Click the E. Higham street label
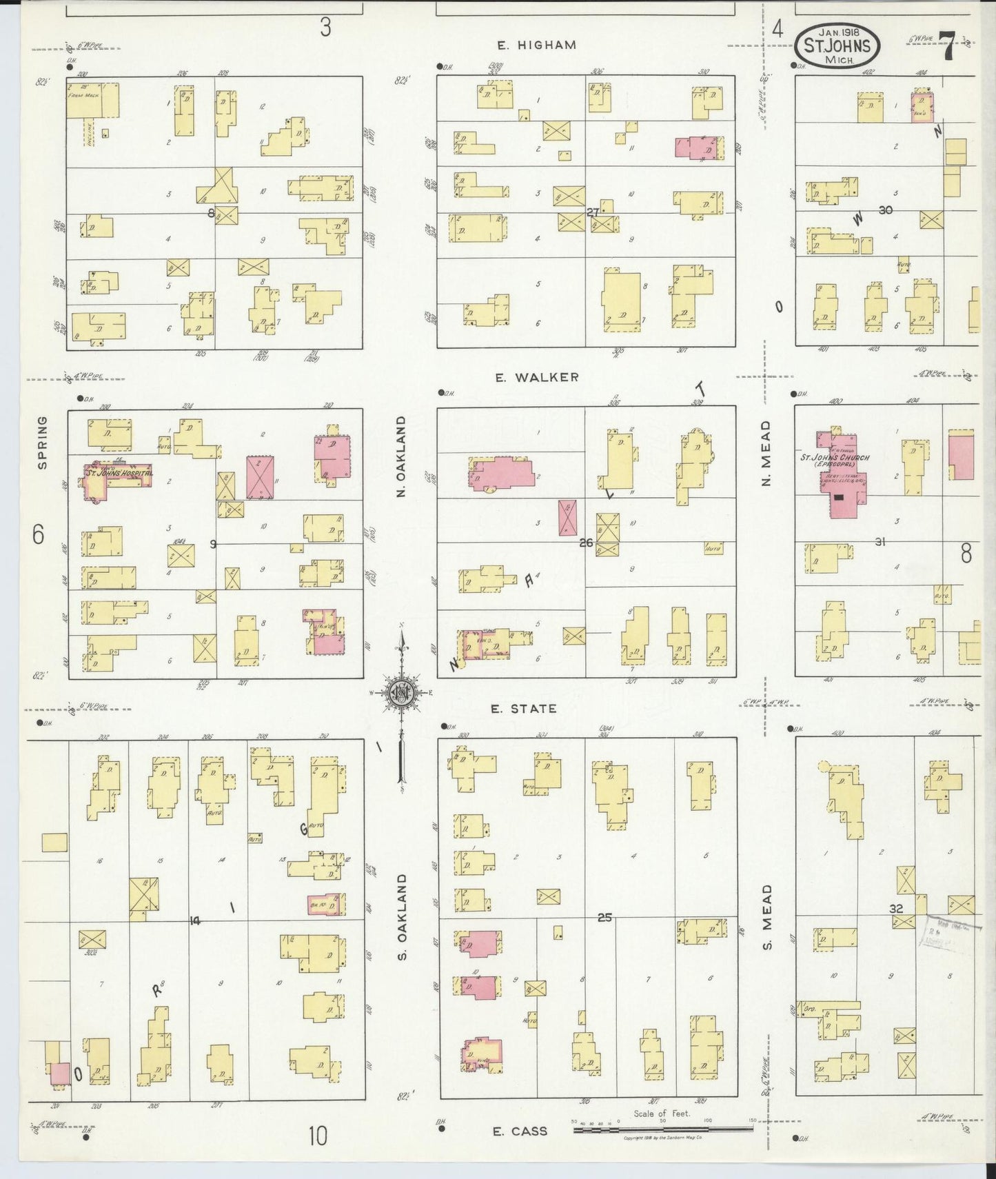[536, 46]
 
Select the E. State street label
[523, 708]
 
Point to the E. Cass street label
[520, 1131]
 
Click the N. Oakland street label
[401, 456]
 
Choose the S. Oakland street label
[403, 916]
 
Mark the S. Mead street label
[767, 917]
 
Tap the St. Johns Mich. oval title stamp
[838, 46]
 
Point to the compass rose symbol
[400, 692]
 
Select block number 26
[586, 543]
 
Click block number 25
[604, 918]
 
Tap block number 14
[194, 920]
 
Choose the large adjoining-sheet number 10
[317, 1136]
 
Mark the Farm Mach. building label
[83, 95]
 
